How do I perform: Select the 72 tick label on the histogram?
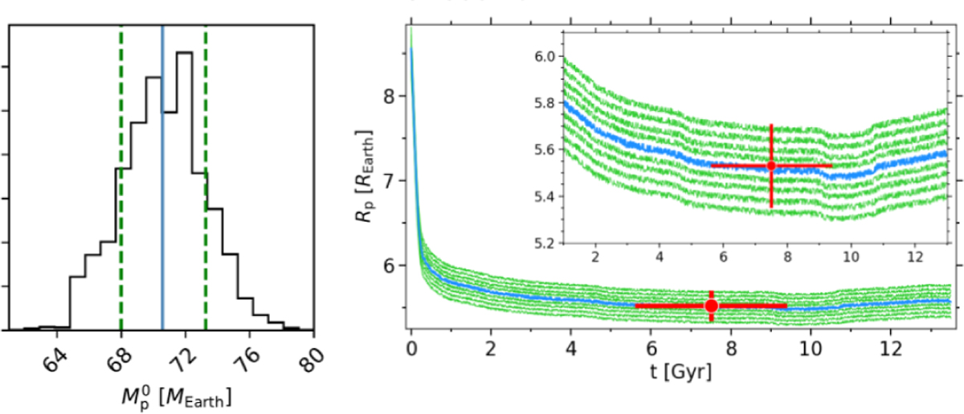click(179, 359)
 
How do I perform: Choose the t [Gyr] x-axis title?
click(680, 375)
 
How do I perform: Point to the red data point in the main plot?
click(712, 305)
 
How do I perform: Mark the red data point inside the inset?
click(771, 166)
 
